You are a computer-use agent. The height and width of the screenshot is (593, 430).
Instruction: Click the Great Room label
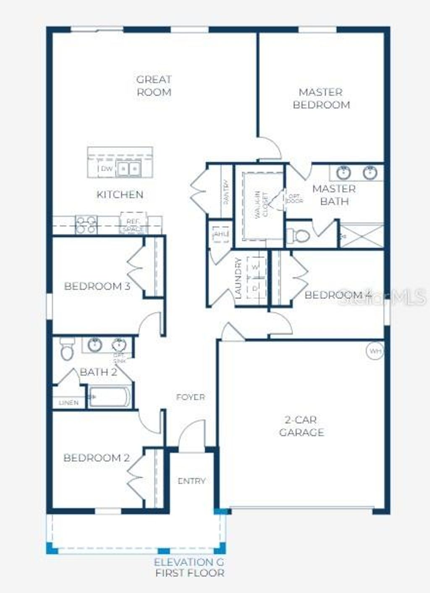point(154,85)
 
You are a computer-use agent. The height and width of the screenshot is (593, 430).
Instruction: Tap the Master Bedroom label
point(321,98)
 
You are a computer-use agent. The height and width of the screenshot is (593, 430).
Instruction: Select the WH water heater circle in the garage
point(375,351)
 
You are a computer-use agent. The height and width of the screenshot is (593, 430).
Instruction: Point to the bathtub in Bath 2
point(110,396)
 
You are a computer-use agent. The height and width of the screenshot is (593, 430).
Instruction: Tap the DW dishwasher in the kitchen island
point(107,168)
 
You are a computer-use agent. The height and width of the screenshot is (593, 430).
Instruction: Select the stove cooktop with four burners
point(87,225)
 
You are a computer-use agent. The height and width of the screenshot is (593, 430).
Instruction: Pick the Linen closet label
point(68,402)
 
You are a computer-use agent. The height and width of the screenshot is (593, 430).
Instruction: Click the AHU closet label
point(220,234)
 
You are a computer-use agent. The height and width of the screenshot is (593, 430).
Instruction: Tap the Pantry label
point(226,192)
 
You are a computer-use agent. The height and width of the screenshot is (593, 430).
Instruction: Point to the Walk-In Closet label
point(260,205)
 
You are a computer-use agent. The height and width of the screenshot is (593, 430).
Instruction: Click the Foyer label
point(190,397)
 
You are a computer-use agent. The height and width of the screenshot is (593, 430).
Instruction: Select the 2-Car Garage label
point(302,426)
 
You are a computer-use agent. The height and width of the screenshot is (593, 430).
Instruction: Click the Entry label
point(191,481)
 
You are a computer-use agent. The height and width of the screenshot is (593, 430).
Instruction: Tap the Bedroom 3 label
point(97,286)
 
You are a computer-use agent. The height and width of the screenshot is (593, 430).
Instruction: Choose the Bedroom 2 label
point(97,458)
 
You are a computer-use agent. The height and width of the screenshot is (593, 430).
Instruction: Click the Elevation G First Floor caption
point(189,567)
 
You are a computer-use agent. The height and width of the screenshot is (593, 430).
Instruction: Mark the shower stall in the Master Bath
point(362,236)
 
